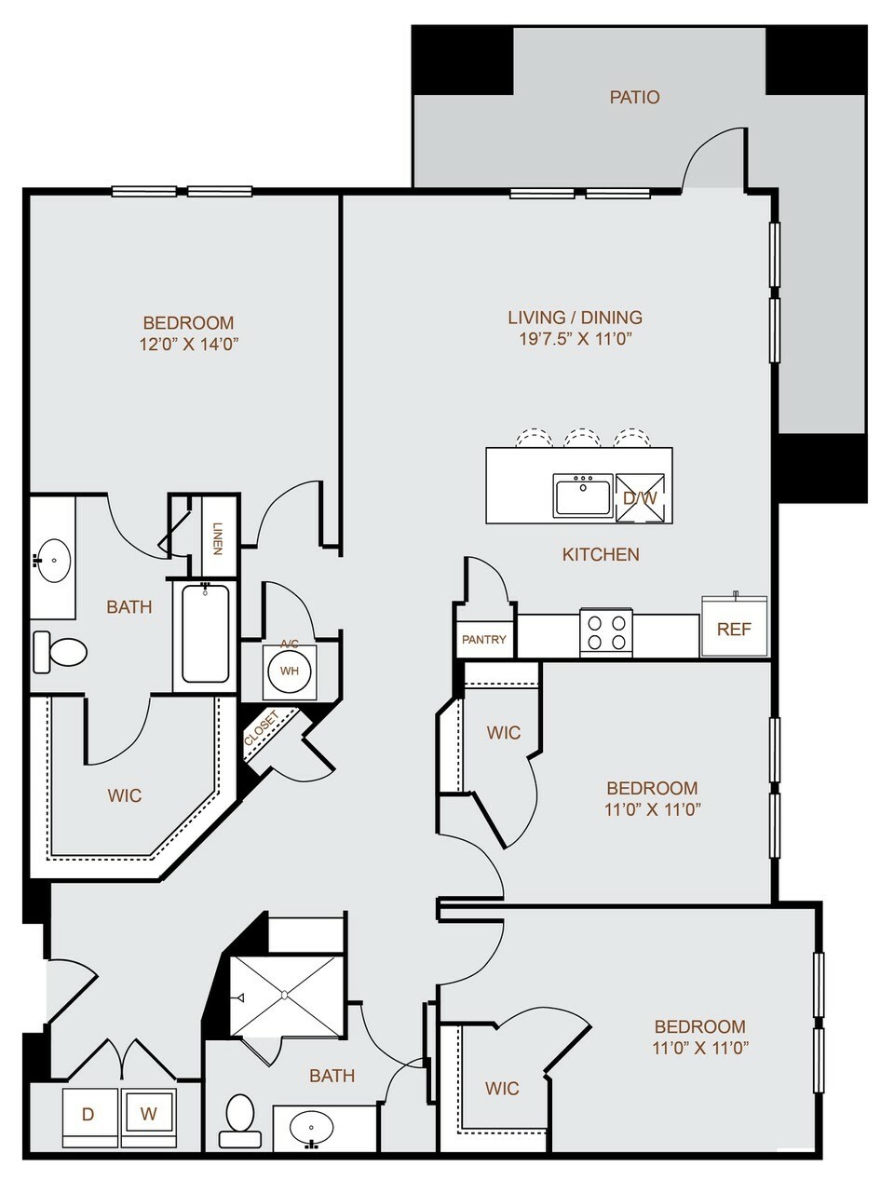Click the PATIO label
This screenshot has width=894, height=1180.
[x=634, y=97]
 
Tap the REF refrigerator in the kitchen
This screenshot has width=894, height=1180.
[x=735, y=626]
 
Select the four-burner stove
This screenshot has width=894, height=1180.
[x=606, y=632]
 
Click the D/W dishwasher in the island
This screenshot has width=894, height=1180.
[x=640, y=498]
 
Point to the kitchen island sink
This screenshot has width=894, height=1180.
[x=583, y=495]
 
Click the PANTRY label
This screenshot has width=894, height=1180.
[x=484, y=639]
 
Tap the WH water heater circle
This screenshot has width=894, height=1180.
[x=290, y=671]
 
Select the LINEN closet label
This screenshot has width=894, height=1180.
[x=218, y=538]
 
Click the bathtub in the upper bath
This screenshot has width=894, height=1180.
[x=205, y=634]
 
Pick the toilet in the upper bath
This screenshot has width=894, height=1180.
[x=60, y=652]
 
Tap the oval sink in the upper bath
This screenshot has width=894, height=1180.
[x=53, y=560]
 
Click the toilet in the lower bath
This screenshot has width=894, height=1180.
[x=239, y=1119]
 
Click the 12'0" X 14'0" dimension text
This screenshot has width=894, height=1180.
[x=189, y=344]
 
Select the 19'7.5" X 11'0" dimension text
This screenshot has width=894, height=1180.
[x=576, y=339]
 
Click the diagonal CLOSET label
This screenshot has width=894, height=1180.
[x=262, y=728]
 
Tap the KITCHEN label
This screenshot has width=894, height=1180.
[x=601, y=554]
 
